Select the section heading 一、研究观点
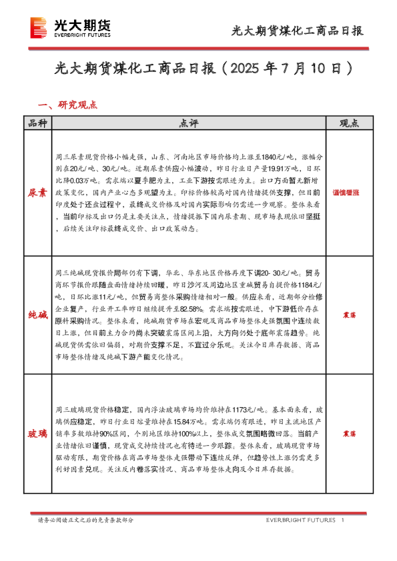[69, 105]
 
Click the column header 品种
[37, 123]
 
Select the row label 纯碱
[37, 312]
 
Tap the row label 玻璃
[37, 434]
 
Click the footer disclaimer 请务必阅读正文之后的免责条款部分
[85, 520]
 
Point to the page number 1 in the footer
[342, 520]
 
